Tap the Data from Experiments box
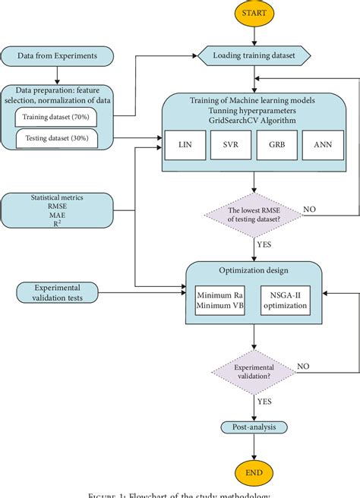[x=57, y=55]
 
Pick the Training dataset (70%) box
[x=56, y=117]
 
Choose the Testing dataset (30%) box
[x=56, y=138]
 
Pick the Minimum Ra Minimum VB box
[x=219, y=300]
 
